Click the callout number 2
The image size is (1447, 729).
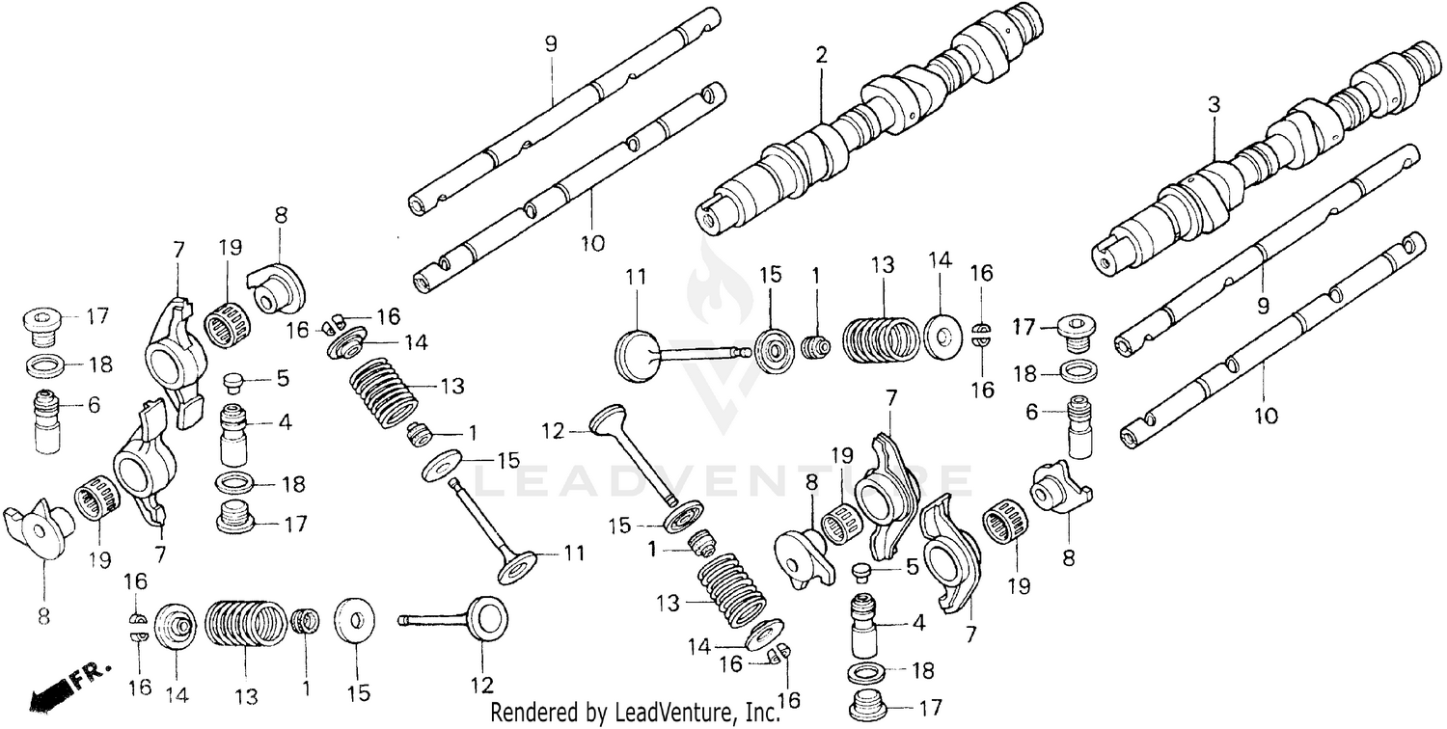821,56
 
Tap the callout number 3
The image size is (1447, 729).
1214,105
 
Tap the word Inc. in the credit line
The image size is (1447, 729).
761,713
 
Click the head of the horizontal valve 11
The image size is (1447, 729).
636,353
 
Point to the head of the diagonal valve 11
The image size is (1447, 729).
519,566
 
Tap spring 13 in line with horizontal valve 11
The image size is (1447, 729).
880,340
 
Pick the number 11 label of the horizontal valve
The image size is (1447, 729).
637,276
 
